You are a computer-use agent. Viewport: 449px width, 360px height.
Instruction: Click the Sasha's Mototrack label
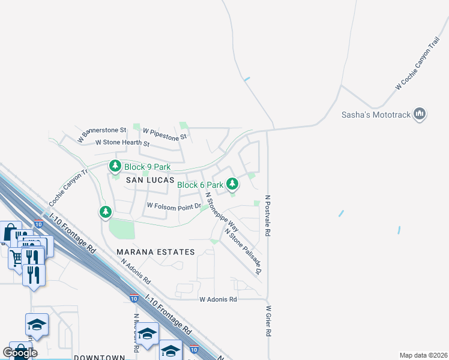pos(375,114)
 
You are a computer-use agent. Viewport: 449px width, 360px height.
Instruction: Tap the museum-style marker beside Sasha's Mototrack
pos(420,114)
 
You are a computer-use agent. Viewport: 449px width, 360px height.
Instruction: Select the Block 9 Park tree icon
pos(115,166)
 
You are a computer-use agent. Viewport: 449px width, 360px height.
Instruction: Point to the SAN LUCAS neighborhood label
pos(149,180)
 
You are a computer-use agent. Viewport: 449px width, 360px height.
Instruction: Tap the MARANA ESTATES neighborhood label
pos(155,252)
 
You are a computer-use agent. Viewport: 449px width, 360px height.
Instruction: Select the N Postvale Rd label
pos(268,215)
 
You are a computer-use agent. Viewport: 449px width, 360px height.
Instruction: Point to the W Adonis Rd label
pos(218,299)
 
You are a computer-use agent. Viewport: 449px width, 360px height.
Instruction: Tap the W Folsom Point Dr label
pos(173,206)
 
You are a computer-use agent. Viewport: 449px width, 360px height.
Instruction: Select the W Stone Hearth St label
pos(122,143)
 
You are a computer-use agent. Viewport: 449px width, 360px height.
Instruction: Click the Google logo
pos(20,352)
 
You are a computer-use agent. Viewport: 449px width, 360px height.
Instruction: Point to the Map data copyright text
pos(423,355)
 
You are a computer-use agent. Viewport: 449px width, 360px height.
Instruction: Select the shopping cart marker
pos(16,257)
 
